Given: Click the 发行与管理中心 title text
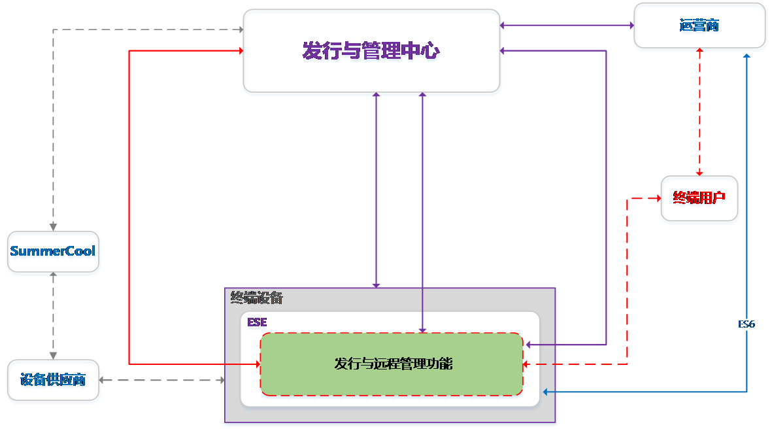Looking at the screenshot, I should pyautogui.click(x=371, y=51).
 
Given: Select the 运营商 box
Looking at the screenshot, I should pyautogui.click(x=699, y=26).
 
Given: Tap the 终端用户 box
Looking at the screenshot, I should pyautogui.click(x=699, y=198).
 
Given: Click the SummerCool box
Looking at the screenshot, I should pyautogui.click(x=53, y=251).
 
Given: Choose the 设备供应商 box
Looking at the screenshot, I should pyautogui.click(x=53, y=380).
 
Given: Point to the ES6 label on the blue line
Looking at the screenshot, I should pyautogui.click(x=747, y=324).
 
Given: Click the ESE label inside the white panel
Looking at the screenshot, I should pyautogui.click(x=257, y=322).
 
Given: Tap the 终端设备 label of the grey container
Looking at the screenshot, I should pyautogui.click(x=257, y=299).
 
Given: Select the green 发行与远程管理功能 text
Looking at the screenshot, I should pyautogui.click(x=393, y=364).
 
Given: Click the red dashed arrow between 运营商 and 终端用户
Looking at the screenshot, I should pyautogui.click(x=699, y=111).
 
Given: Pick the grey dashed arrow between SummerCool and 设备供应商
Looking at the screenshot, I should pyautogui.click(x=53, y=315).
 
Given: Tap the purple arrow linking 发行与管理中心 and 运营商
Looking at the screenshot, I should pyautogui.click(x=567, y=26).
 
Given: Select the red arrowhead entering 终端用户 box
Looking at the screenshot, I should pyautogui.click(x=657, y=198).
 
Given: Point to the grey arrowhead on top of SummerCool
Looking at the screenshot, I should pyautogui.click(x=53, y=227).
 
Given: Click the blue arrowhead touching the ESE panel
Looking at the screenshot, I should pyautogui.click(x=545, y=392).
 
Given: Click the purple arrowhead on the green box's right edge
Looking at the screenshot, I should pyautogui.click(x=529, y=344).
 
